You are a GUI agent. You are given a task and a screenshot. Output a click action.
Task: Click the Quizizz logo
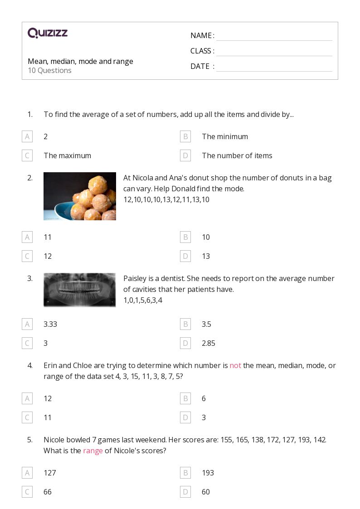pyautogui.click(x=48, y=33)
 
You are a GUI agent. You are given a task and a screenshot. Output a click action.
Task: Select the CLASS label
pyautogui.click(x=202, y=51)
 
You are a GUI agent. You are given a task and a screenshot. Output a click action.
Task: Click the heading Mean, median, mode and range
pyautogui.click(x=80, y=61)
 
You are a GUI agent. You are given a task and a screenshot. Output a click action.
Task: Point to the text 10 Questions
pyautogui.click(x=49, y=70)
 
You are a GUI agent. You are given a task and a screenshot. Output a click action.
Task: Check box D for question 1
pyautogui.click(x=185, y=155)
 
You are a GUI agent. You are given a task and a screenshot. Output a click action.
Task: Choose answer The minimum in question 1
pyautogui.click(x=225, y=136)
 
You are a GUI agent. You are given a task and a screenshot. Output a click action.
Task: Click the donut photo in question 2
pyautogui.click(x=80, y=196)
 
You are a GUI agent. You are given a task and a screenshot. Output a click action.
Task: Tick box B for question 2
pyautogui.click(x=185, y=237)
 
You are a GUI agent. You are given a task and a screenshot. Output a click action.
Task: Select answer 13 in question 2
pyautogui.click(x=206, y=256)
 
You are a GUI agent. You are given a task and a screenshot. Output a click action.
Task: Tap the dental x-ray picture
pyautogui.click(x=80, y=290)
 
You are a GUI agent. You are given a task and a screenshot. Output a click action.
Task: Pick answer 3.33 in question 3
pyautogui.click(x=50, y=324)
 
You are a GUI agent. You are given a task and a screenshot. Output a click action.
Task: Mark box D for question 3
pyautogui.click(x=185, y=343)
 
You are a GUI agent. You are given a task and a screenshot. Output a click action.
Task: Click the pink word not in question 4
pyautogui.click(x=235, y=365)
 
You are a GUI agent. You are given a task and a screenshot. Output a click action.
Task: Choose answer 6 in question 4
pyautogui.click(x=204, y=398)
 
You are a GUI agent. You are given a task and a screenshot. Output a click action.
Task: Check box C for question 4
pyautogui.click(x=27, y=417)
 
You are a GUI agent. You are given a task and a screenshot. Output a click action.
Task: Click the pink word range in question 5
pyautogui.click(x=92, y=451)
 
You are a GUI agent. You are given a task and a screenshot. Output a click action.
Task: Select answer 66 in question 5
pyautogui.click(x=48, y=492)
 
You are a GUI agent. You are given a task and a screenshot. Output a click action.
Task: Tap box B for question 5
pyautogui.click(x=185, y=473)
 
